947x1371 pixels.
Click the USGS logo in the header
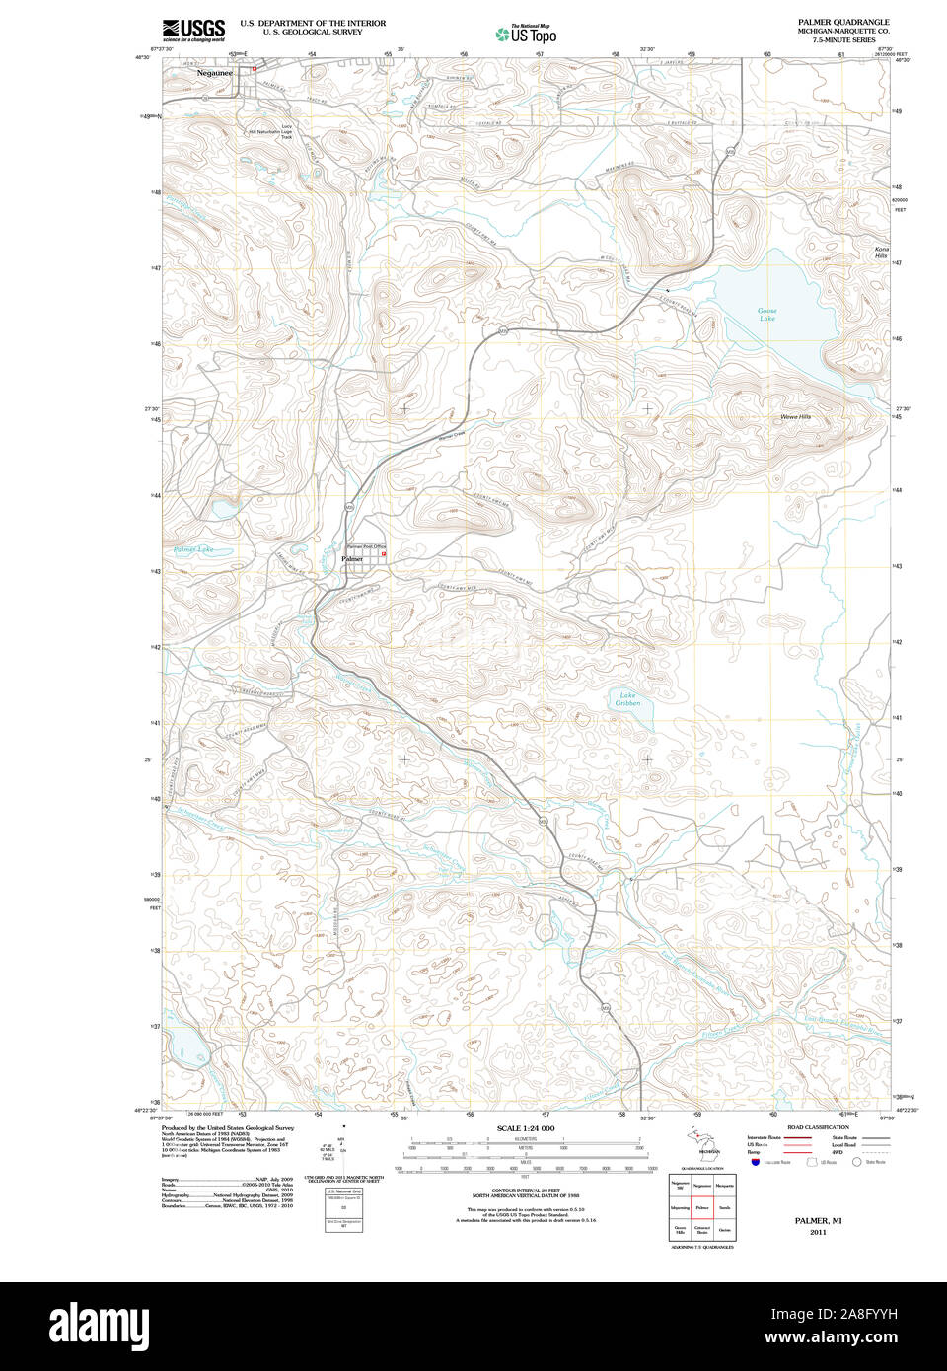coord(193,29)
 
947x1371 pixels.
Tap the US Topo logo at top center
coord(527,34)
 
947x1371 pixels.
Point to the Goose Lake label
coord(767,315)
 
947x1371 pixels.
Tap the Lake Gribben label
coord(628,699)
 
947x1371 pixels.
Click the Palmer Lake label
coord(193,549)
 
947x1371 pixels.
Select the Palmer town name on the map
coord(352,559)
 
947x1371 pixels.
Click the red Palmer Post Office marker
coord(383,554)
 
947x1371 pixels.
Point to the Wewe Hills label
coord(795,417)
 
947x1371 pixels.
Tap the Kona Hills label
coord(881,253)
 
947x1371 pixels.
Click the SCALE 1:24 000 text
coord(526,1128)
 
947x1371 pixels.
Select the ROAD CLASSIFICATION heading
coord(817,1127)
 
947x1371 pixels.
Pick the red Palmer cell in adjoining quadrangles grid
coord(702,1206)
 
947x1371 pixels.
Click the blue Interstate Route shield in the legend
coord(755,1163)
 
